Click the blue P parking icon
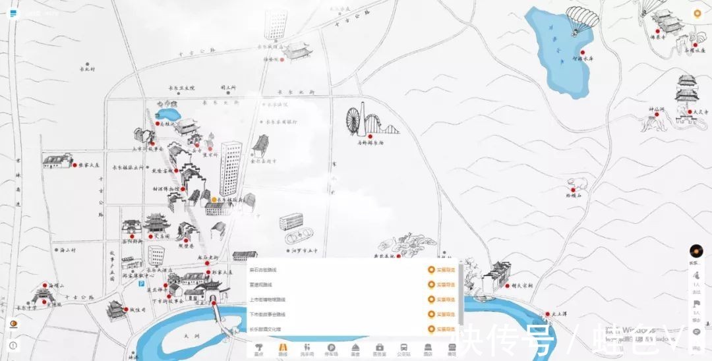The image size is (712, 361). click(140, 283)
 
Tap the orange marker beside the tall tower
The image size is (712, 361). click(214, 199)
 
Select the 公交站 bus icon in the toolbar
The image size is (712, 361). click(403, 348)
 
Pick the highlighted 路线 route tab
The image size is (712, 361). click(282, 348)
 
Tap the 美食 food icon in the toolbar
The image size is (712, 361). click(355, 348)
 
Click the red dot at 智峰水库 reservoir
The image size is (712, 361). click(583, 51)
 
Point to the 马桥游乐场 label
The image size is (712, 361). click(371, 142)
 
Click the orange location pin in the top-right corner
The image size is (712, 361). click(697, 14)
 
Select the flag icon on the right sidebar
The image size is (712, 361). click(696, 305)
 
